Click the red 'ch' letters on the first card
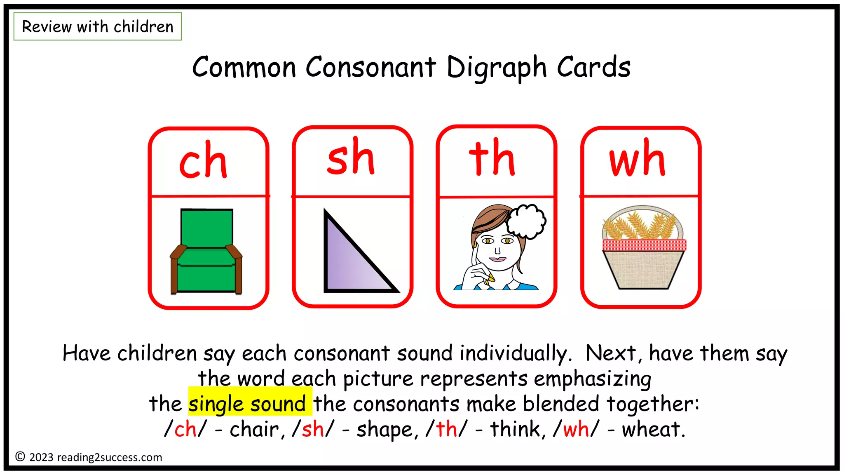click(x=203, y=161)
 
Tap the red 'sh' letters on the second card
click(x=351, y=157)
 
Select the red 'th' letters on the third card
click(x=492, y=158)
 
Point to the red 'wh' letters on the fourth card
click(x=637, y=158)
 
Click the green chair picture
click(x=206, y=252)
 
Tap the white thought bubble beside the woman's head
click(x=526, y=221)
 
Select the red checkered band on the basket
click(x=644, y=245)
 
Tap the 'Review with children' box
click(x=98, y=27)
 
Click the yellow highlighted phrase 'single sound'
click(x=248, y=403)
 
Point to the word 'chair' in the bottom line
click(x=254, y=430)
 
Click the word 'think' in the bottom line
click(x=515, y=430)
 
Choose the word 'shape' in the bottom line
click(x=384, y=430)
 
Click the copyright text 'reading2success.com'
click(x=110, y=457)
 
